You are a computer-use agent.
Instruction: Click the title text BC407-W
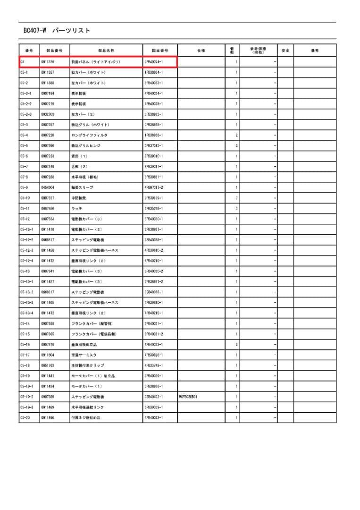pos(34,31)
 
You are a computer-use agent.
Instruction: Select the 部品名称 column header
pos(106,50)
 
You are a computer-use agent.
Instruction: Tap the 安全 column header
pos(285,50)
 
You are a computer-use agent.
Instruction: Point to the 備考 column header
pos(315,50)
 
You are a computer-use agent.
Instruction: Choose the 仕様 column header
pos(201,50)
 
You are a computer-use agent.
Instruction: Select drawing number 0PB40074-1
pos(153,62)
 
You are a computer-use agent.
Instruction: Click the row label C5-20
pos(25,417)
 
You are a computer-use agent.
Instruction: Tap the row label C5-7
pos(24,167)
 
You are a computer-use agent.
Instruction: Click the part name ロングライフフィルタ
pos(89,135)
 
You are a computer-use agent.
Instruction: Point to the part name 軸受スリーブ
pos(82,187)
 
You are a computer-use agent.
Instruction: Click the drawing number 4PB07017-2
pos(154,187)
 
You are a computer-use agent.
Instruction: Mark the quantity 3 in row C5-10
pos(236,198)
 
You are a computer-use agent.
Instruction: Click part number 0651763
pos(48,365)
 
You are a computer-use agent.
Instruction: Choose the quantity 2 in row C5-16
pos(236,344)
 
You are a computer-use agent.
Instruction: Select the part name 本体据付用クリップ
pos(87,365)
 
